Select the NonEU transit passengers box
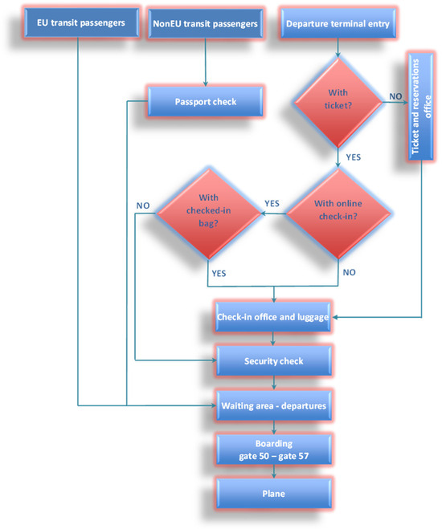coord(207,23)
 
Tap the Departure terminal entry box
coord(338,23)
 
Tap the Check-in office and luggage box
coord(272,318)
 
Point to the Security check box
coord(273,361)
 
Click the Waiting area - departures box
coord(273,405)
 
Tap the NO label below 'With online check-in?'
coord(350,272)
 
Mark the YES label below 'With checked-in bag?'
coord(219,273)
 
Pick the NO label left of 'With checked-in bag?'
coord(143,205)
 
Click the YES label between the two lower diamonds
coord(272,204)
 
